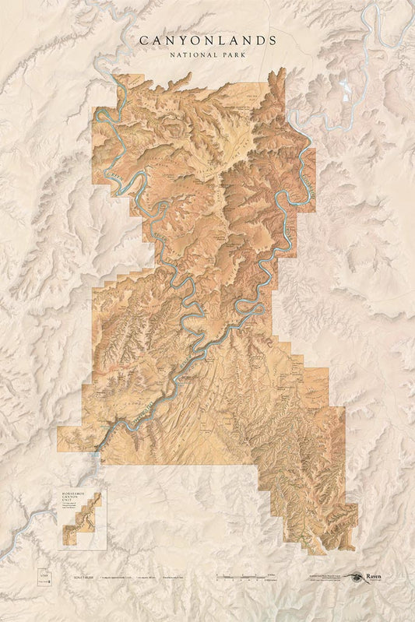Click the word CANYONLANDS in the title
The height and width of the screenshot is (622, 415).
207,40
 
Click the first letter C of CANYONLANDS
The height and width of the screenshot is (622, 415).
142,40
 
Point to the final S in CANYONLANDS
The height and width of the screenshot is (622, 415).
273,40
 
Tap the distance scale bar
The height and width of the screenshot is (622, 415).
241,577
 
